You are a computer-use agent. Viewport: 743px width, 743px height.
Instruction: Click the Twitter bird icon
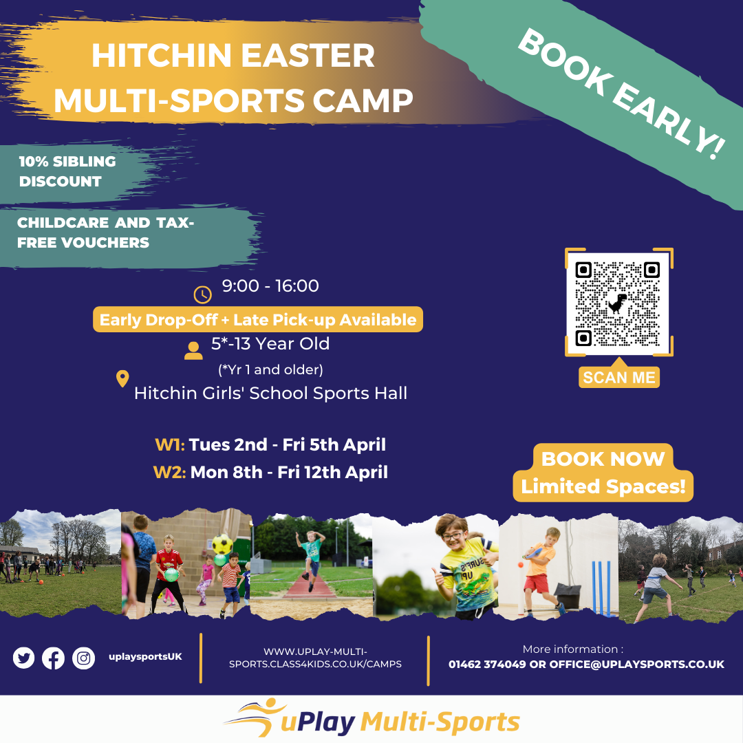coord(23,658)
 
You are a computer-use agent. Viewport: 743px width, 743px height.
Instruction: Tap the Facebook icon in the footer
coord(53,658)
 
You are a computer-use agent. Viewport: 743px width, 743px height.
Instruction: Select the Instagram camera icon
coord(83,658)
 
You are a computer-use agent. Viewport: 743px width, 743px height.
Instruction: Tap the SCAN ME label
coord(619,377)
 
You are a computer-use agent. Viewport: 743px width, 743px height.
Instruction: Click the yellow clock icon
coord(203,294)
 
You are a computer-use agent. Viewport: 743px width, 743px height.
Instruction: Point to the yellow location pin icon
coord(122,378)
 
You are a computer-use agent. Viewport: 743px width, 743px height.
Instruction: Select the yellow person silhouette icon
coord(193,351)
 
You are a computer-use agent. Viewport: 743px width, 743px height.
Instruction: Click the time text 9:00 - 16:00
coord(270,286)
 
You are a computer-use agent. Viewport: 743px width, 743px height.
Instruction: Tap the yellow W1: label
coord(170,444)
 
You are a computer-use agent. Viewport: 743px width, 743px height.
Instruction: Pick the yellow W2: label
coord(169,472)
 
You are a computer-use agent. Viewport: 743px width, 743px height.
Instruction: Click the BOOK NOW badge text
coord(603,459)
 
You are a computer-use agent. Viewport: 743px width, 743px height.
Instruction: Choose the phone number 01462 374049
coord(487,664)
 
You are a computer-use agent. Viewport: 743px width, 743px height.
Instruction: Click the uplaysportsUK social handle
coord(145,657)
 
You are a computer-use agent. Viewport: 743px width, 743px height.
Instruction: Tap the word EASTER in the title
coord(308,56)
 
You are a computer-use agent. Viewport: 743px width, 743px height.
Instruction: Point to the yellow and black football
coord(222,544)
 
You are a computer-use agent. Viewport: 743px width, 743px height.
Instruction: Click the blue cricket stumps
coord(603,588)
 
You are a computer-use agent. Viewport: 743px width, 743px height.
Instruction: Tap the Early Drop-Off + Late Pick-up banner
coord(258,319)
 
